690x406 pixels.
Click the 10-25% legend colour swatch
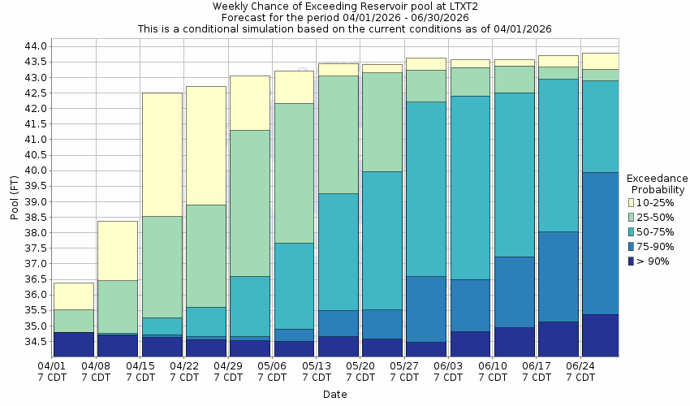(632, 202)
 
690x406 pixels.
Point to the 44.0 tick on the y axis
(36, 46)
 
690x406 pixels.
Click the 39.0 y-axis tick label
(36, 201)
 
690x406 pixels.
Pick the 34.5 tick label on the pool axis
(36, 342)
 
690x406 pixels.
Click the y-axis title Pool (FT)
(14, 197)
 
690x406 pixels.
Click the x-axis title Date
(334, 395)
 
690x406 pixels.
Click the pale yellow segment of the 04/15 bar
(162, 154)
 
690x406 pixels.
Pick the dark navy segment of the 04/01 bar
(74, 344)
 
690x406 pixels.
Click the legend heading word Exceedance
(657, 178)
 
